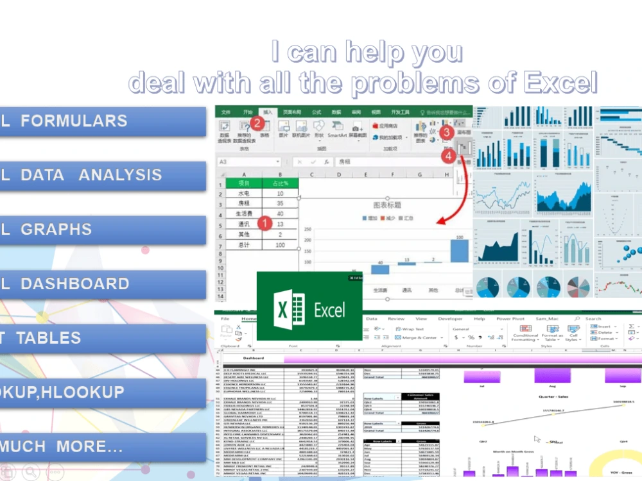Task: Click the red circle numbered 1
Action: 263,223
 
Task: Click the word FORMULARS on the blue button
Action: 74,121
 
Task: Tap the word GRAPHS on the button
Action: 56,230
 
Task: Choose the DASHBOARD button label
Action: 75,283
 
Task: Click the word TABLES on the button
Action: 49,338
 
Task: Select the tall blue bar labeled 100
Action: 459,251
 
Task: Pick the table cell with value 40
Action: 280,214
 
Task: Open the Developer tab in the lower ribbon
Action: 450,319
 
